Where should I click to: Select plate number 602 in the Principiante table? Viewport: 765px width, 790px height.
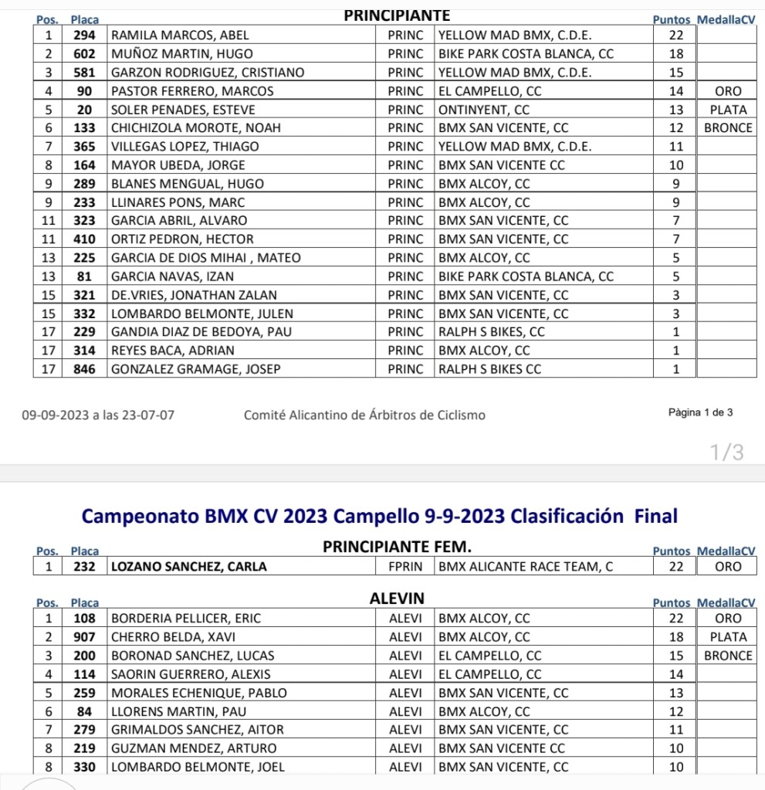(x=84, y=54)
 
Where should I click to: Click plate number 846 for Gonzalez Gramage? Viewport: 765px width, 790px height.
(x=84, y=369)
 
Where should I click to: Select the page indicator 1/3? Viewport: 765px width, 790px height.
(x=728, y=453)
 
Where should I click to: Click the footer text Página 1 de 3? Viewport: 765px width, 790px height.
(x=700, y=413)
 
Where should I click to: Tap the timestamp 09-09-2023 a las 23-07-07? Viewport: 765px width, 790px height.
(x=98, y=415)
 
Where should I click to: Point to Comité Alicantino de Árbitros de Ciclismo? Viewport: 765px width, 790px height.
(x=364, y=415)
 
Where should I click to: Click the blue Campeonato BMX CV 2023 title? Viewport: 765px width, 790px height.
(x=379, y=515)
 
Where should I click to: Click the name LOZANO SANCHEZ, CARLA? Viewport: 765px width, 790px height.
(x=189, y=567)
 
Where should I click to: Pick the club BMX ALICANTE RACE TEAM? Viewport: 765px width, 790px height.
(x=526, y=567)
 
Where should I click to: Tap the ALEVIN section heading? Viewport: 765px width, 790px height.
(x=397, y=598)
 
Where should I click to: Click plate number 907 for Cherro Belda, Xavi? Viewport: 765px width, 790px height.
(x=84, y=637)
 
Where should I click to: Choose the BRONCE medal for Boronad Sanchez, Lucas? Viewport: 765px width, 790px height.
(x=728, y=656)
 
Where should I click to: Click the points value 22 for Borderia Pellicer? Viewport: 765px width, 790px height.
(x=676, y=619)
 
